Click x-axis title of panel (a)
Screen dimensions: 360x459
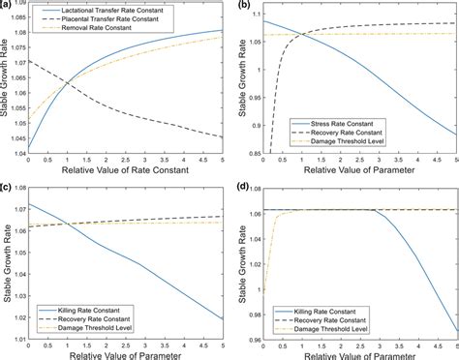(130, 171)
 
